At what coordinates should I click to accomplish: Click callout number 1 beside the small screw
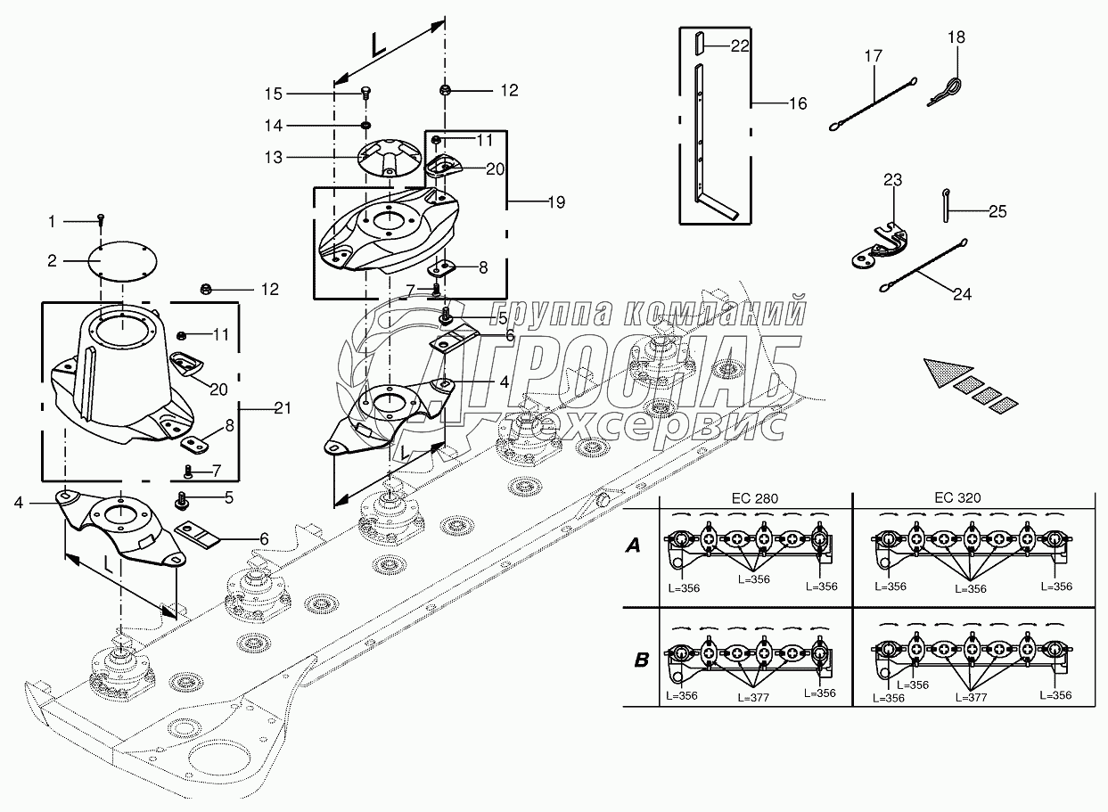(52, 220)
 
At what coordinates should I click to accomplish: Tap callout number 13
(274, 157)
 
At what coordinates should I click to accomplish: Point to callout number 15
(274, 93)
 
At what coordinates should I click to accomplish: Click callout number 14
(274, 125)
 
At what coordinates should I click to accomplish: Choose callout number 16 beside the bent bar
(797, 104)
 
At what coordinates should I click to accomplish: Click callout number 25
(998, 212)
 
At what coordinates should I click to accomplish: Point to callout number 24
(962, 293)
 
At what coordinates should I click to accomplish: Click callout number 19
(554, 202)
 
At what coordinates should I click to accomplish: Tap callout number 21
(283, 407)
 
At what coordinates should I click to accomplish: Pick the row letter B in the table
(641, 660)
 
